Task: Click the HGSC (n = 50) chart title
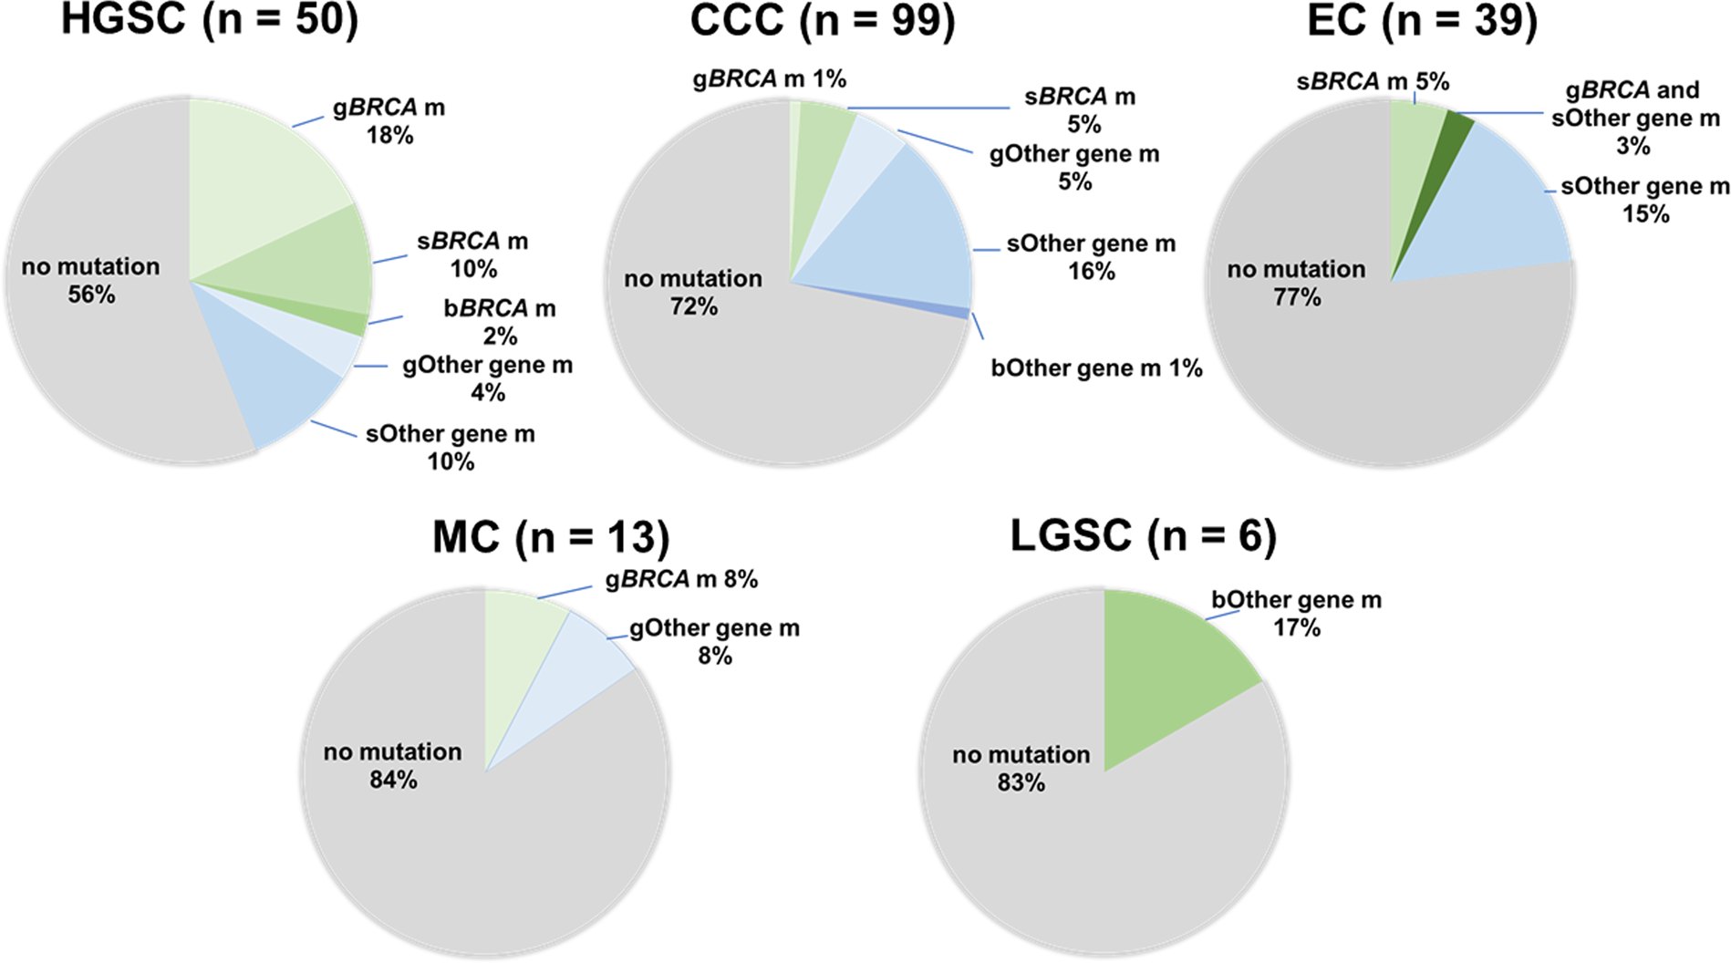210,20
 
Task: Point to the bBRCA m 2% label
500,322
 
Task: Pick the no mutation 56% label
91,280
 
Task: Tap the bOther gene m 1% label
1096,368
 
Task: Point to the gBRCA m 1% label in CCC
769,79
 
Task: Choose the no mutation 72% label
693,292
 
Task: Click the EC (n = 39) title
1422,20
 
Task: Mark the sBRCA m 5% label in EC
1373,82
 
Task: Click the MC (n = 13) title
551,537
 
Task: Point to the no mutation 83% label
1021,768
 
